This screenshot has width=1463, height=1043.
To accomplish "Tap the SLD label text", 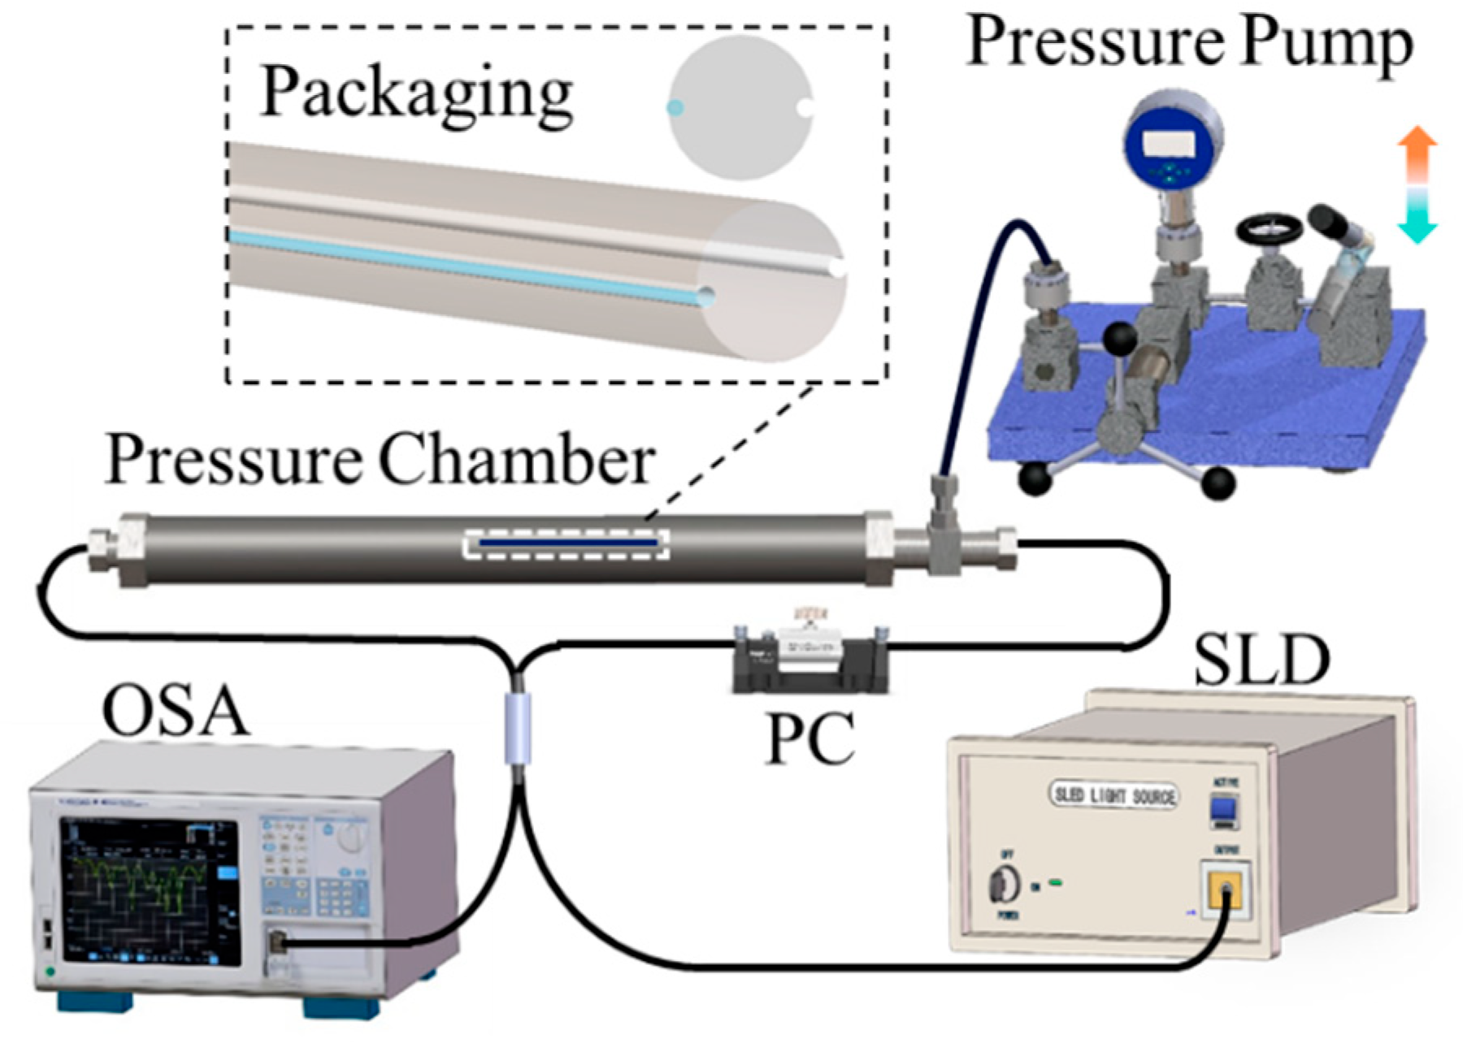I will point(1261,661).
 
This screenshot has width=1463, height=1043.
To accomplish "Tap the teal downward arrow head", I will point(1417,231).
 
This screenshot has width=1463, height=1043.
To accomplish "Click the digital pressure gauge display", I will point(1169,145).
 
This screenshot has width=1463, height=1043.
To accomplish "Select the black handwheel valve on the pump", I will point(1269,229).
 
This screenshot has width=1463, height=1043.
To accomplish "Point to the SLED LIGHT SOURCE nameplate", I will point(1114,795).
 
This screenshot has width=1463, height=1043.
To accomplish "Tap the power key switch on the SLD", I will point(1004,885).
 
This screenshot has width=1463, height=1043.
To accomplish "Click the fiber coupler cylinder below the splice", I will point(518,728).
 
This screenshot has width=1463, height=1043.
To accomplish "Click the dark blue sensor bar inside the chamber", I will point(567,542).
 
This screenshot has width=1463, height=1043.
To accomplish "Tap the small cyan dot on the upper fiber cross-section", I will point(675,107).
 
